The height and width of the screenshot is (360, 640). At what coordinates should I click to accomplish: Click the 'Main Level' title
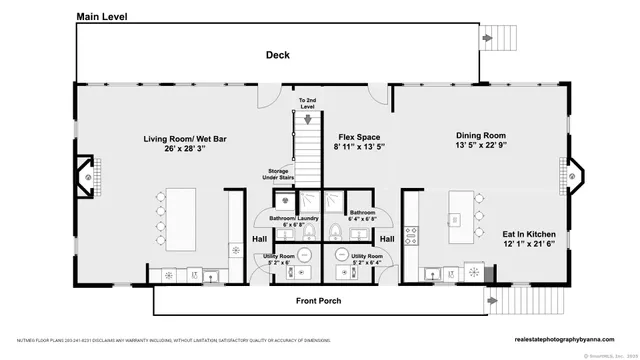(104, 17)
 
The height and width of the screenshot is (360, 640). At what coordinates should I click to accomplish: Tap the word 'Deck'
(277, 56)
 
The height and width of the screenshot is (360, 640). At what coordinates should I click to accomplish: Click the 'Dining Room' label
(480, 136)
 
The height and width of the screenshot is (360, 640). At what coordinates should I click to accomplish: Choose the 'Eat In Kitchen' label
(529, 234)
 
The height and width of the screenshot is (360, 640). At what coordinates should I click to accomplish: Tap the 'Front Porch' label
(321, 301)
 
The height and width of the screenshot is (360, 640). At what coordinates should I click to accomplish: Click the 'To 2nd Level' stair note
(307, 104)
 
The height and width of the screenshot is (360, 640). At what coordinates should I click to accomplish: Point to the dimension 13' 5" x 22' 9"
(480, 147)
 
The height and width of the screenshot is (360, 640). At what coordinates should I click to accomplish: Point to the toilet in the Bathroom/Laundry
(310, 233)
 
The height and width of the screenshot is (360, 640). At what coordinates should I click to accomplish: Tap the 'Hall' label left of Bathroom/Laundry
(259, 239)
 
